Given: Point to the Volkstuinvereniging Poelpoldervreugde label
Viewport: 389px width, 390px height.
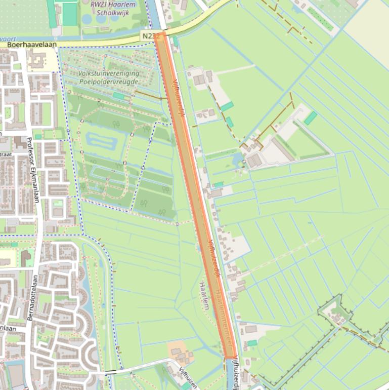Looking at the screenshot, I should (x=108, y=77).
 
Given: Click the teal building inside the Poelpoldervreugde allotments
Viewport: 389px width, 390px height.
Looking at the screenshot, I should (x=118, y=95).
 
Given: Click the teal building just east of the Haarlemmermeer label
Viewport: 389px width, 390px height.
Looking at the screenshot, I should (x=252, y=343).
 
